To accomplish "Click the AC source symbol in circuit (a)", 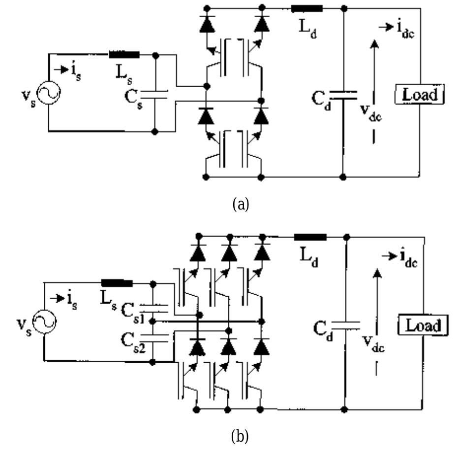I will (49, 93).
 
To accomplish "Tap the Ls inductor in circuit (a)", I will (123, 55).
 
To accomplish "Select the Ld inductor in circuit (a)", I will (307, 8).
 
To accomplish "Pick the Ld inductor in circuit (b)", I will (310, 237).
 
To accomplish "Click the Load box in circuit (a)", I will (420, 94).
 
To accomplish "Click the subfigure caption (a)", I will (241, 204).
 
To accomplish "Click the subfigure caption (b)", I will (241, 436).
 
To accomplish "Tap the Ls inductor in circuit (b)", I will (117, 283).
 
